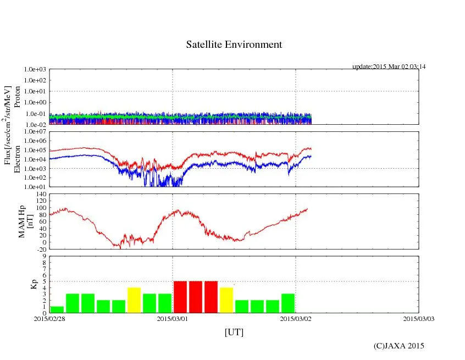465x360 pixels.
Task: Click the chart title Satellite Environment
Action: point(234,45)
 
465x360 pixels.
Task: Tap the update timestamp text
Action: point(389,67)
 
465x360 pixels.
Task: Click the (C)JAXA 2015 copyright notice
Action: point(398,346)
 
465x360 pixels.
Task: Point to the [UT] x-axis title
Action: point(234,333)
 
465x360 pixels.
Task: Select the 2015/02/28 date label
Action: point(49,318)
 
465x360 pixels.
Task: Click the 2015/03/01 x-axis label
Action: point(173,318)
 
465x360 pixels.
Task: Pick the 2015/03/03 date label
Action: point(419,318)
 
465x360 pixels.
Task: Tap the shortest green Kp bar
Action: point(57,309)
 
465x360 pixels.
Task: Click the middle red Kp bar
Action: point(196,297)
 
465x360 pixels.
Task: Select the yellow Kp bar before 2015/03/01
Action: point(134,300)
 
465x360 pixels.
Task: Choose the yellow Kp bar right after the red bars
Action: point(226,300)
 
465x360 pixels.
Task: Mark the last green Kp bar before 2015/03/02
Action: point(288,303)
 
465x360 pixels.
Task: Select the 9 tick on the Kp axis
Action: point(44,256)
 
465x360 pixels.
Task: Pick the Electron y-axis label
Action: point(17,159)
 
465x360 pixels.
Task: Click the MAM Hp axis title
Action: point(26,220)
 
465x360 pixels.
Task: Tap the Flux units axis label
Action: point(8,126)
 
